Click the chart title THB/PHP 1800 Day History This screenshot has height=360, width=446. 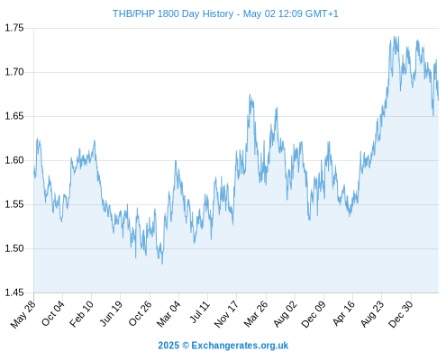pyautogui.click(x=173, y=13)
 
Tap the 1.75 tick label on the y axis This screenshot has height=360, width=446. pyautogui.click(x=14, y=28)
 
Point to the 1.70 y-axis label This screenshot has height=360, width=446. pyautogui.click(x=14, y=72)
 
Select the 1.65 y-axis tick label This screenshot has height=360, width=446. pyautogui.click(x=14, y=116)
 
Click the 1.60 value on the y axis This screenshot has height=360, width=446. pyautogui.click(x=14, y=160)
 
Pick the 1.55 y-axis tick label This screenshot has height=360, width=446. pyautogui.click(x=14, y=204)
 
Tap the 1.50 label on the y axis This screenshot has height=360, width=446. pyautogui.click(x=14, y=248)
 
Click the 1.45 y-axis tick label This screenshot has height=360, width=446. pyautogui.click(x=14, y=292)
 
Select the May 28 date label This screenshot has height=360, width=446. pyautogui.click(x=23, y=314)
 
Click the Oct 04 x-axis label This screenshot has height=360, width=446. pyautogui.click(x=53, y=313)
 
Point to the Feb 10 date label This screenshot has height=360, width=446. pyautogui.click(x=82, y=313)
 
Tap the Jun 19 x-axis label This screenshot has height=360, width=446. pyautogui.click(x=111, y=313)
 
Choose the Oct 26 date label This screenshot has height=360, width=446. pyautogui.click(x=141, y=313)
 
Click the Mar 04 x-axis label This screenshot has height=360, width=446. pyautogui.click(x=168, y=313)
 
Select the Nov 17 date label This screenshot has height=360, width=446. pyautogui.click(x=227, y=314)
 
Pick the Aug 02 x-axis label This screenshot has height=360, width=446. pyautogui.click(x=286, y=313)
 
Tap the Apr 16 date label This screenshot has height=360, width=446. pyautogui.click(x=344, y=313)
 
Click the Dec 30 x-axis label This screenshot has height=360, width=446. pyautogui.click(x=401, y=314)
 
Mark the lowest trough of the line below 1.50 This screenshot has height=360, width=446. pyautogui.click(x=162, y=264)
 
